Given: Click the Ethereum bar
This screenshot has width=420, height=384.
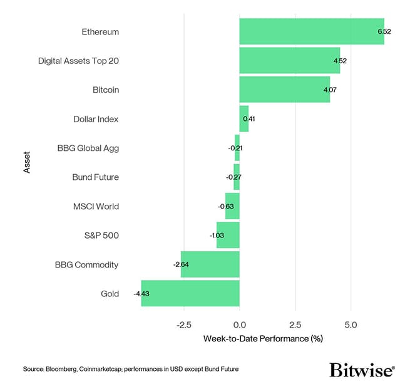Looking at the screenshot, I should pyautogui.click(x=311, y=31).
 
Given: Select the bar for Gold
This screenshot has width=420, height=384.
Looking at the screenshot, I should pyautogui.click(x=190, y=293).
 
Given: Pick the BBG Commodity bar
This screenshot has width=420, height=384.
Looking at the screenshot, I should pyautogui.click(x=210, y=264).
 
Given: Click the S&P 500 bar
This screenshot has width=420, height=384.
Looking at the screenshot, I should pyautogui.click(x=228, y=236).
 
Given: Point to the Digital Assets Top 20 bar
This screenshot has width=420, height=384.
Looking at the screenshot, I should pyautogui.click(x=289, y=61).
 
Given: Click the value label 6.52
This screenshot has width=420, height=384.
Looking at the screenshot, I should pyautogui.click(x=383, y=31).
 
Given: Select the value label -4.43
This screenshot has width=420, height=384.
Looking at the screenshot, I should pyautogui.click(x=141, y=293).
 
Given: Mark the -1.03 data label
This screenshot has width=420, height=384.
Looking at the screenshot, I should pyautogui.click(x=216, y=236).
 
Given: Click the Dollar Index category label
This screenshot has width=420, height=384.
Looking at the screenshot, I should pyautogui.click(x=96, y=119).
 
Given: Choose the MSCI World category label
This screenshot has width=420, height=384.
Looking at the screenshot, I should pyautogui.click(x=96, y=206).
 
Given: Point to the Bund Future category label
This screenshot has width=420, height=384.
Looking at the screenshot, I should pyautogui.click(x=95, y=177).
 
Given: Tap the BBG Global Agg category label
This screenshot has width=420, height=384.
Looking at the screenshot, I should pyautogui.click(x=87, y=148).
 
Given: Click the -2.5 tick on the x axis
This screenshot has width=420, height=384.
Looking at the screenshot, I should pyautogui.click(x=183, y=324).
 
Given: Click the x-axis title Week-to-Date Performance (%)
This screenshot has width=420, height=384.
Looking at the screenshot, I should pyautogui.click(x=263, y=339).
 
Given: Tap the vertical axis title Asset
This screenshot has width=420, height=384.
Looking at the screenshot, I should pyautogui.click(x=26, y=162).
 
